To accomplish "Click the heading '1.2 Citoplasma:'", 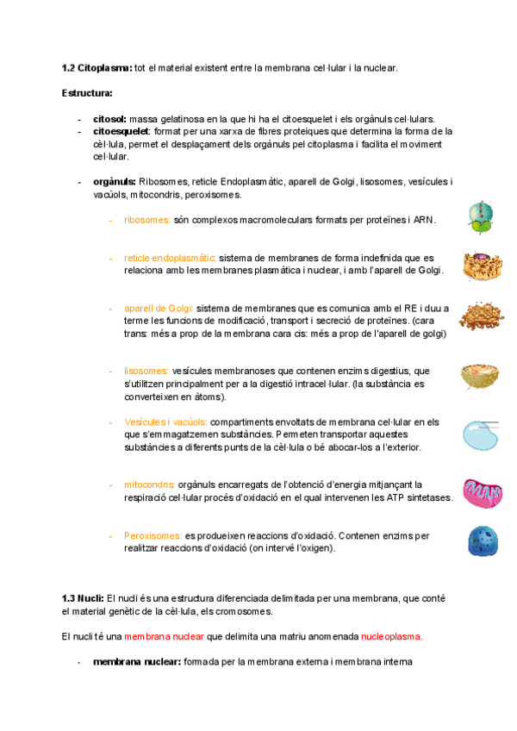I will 97,67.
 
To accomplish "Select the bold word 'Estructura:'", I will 88,92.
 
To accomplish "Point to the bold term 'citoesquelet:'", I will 116,131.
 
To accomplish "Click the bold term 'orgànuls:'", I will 114,182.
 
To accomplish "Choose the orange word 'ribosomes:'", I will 147,220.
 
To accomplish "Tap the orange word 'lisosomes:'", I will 146,371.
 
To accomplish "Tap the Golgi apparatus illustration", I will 481,316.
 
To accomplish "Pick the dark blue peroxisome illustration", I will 482,541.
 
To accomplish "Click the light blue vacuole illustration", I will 481,434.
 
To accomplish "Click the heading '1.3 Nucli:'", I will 83,598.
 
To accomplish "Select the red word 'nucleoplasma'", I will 391,636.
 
